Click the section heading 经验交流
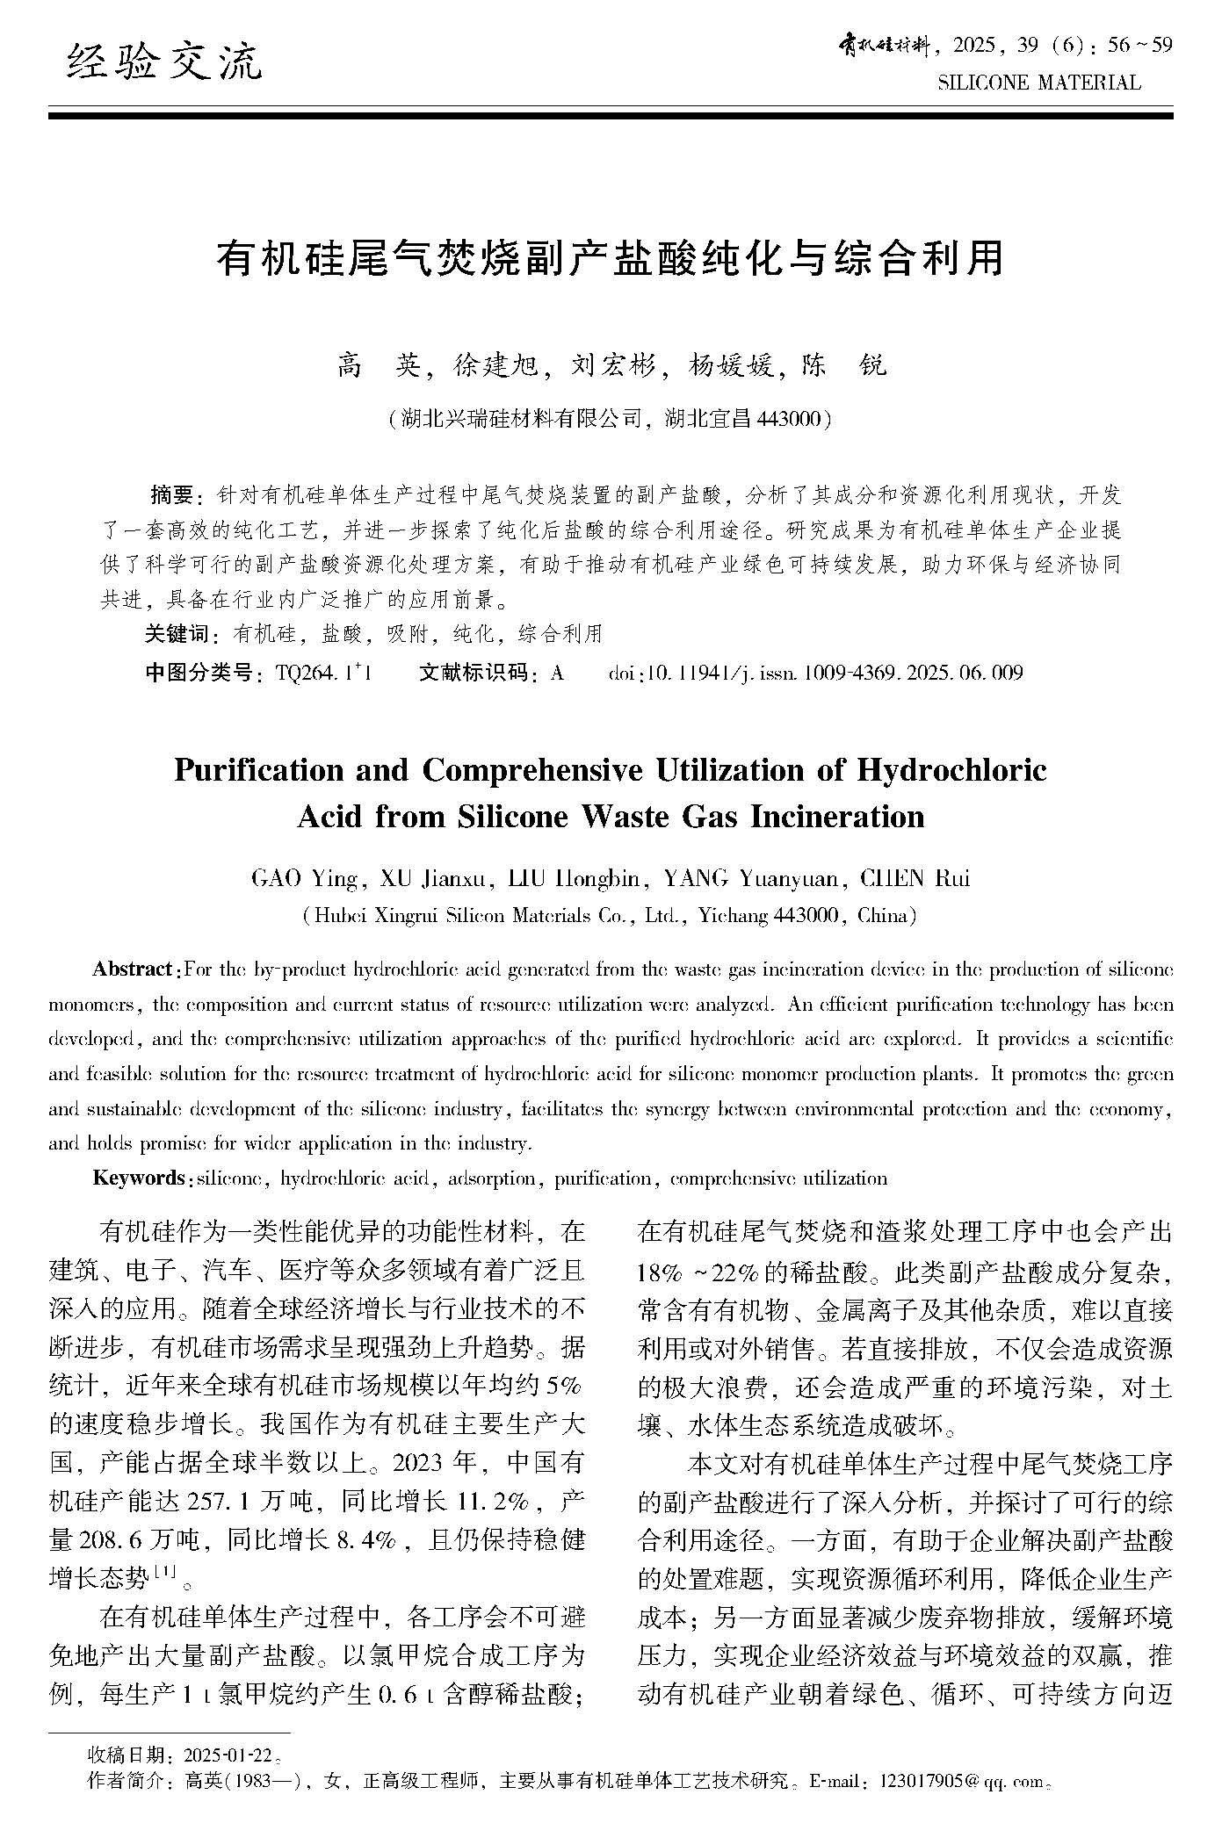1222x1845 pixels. point(164,62)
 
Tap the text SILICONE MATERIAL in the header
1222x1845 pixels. point(1039,83)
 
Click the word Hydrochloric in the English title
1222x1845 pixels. point(951,770)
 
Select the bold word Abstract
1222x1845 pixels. point(133,969)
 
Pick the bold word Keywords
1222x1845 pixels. point(138,1178)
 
